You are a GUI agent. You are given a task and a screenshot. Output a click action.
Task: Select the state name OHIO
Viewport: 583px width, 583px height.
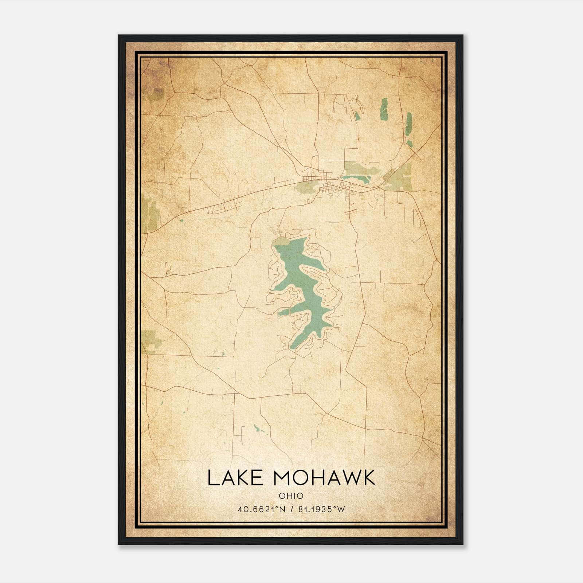point(291,496)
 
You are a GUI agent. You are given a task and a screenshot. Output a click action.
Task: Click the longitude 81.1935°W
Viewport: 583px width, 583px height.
point(321,509)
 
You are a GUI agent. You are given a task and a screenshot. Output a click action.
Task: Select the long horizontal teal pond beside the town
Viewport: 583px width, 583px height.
point(356,179)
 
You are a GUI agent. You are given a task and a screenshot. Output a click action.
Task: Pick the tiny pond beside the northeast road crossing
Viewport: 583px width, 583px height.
point(410,143)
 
